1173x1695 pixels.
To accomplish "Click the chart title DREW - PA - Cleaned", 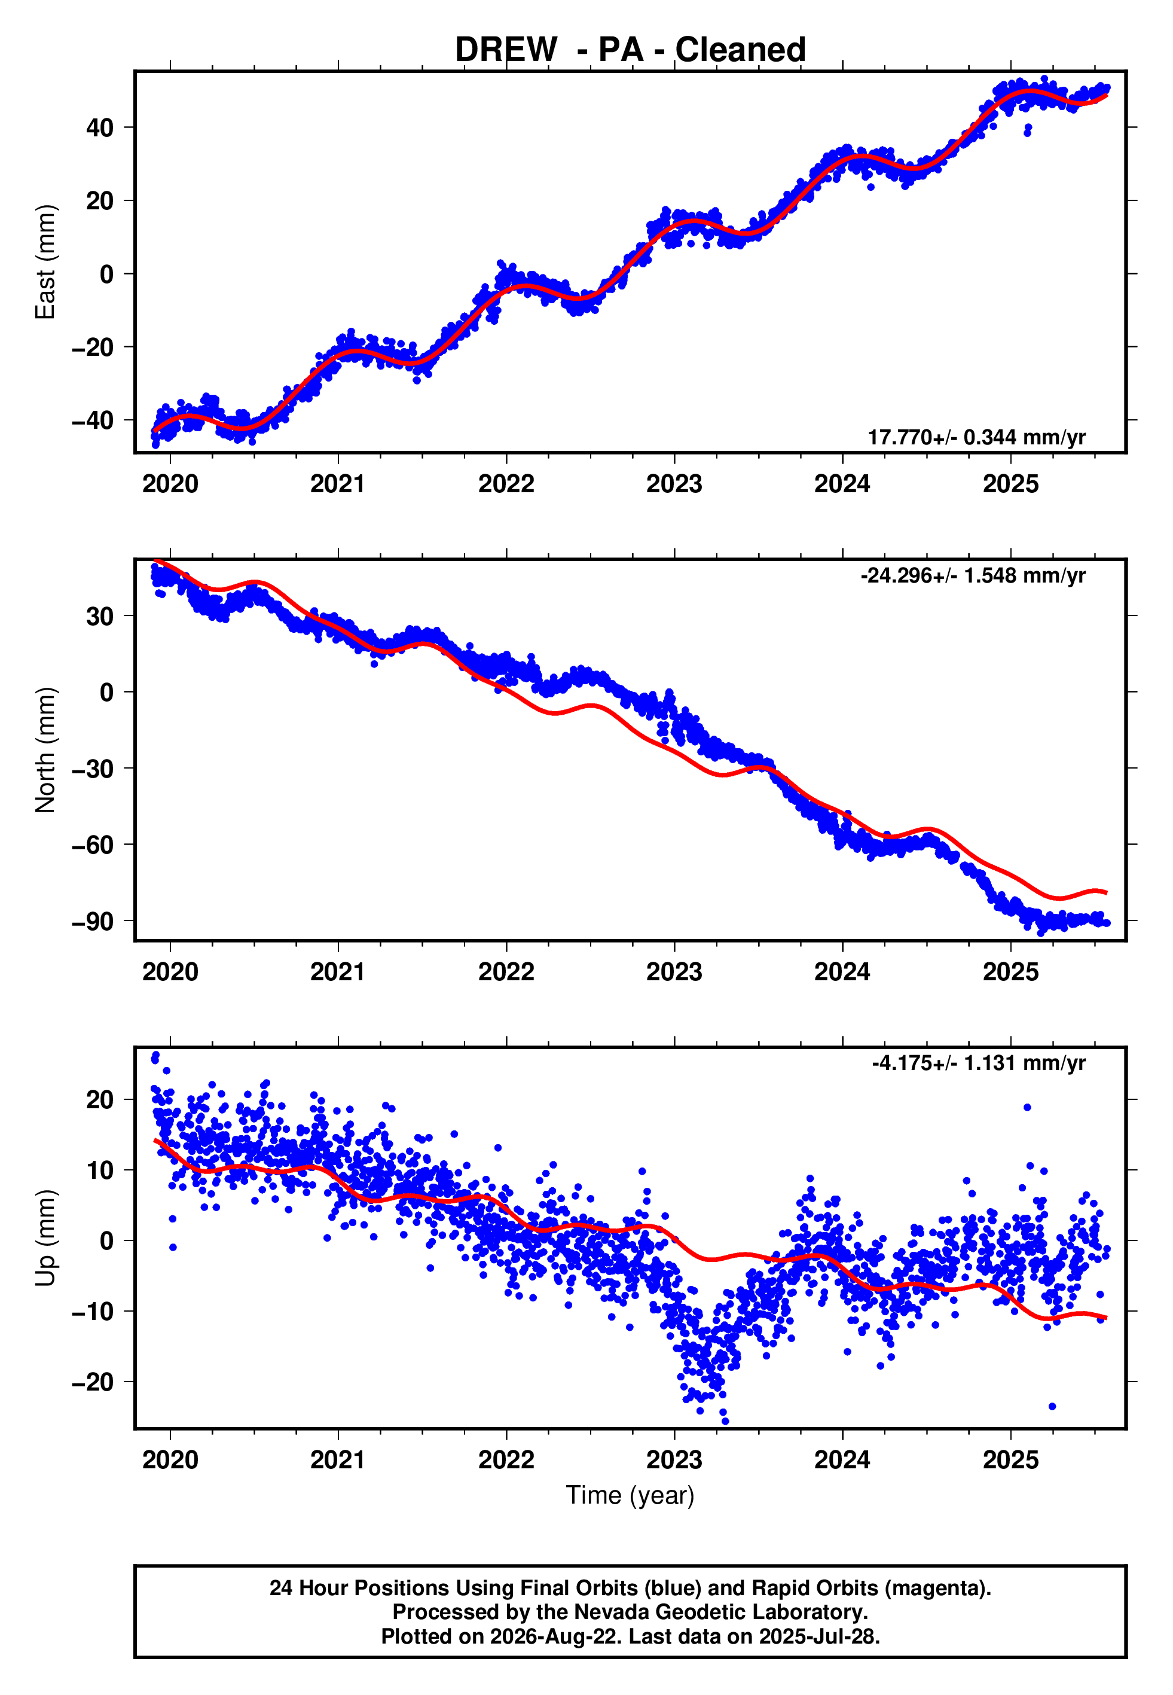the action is click(x=630, y=50).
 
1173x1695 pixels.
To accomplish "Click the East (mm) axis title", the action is click(x=45, y=262).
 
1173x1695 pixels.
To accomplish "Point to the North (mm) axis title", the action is click(x=45, y=750).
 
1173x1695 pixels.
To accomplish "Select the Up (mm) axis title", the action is click(x=45, y=1238).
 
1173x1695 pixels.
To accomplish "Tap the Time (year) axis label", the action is click(x=630, y=1496).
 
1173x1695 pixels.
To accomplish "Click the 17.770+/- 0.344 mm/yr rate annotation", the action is click(x=976, y=437).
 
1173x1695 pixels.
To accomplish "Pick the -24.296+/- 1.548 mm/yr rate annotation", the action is click(x=973, y=575).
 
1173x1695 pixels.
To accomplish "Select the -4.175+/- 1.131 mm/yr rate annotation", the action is click(x=979, y=1063).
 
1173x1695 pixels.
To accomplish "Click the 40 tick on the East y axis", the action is click(x=100, y=128).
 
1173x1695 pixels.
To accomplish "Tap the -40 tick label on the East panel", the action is click(x=93, y=420).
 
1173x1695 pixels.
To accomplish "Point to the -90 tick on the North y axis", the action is click(x=93, y=922).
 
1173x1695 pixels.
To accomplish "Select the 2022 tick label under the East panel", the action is click(x=506, y=484).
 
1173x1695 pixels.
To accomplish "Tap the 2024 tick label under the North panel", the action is click(x=842, y=972).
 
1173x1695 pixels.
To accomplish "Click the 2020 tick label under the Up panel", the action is click(x=170, y=1460).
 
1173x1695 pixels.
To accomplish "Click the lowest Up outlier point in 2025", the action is click(x=1052, y=1407).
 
